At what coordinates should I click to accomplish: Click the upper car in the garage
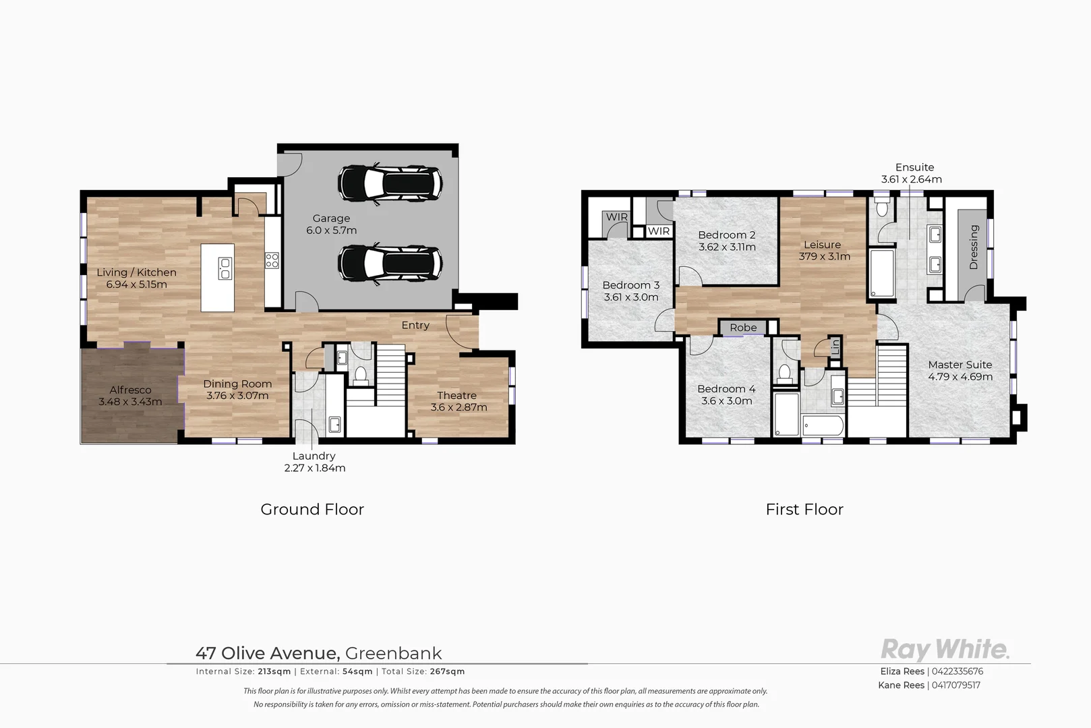click(x=390, y=183)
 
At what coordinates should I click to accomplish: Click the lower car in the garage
click(x=390, y=262)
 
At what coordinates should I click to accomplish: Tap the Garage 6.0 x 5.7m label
click(x=331, y=224)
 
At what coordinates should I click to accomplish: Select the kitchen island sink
click(x=225, y=268)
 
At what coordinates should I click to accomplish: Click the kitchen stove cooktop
click(x=272, y=260)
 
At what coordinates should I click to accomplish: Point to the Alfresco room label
click(x=130, y=390)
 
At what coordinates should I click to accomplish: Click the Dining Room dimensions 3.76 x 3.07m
click(x=237, y=396)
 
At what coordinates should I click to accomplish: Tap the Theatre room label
click(x=456, y=395)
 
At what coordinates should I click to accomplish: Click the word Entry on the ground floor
click(x=415, y=325)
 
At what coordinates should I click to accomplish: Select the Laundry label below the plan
click(x=314, y=456)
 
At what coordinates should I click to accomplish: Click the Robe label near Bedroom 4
click(x=743, y=328)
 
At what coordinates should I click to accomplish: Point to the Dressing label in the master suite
click(x=973, y=247)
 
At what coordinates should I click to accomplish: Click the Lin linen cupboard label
click(x=835, y=346)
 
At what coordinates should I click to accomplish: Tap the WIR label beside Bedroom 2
click(x=659, y=231)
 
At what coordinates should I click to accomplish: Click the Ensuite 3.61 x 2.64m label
click(x=912, y=173)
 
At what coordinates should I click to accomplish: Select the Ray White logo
click(x=945, y=650)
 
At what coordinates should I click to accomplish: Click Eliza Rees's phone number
click(x=957, y=671)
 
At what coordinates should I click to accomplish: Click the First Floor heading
click(x=804, y=510)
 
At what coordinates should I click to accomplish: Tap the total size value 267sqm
click(x=447, y=671)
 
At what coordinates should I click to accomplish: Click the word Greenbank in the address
click(x=393, y=653)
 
